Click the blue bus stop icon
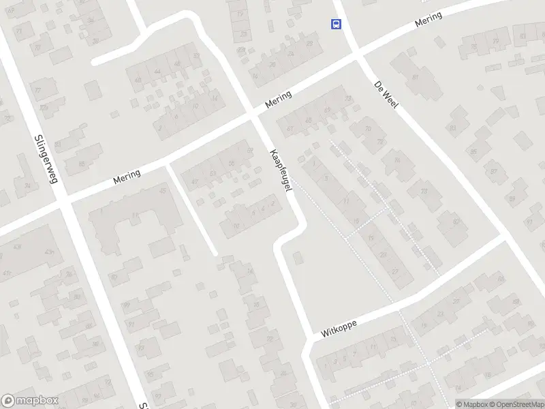click(x=336, y=25)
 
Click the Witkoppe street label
click(x=339, y=329)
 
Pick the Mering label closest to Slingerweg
click(x=127, y=177)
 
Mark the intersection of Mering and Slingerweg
click(x=63, y=202)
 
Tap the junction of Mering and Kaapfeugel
click(x=253, y=117)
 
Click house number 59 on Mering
click(x=249, y=151)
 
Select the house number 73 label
click(x=349, y=98)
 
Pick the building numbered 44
click(x=157, y=72)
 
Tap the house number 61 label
click(x=291, y=128)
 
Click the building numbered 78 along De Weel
click(x=424, y=192)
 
